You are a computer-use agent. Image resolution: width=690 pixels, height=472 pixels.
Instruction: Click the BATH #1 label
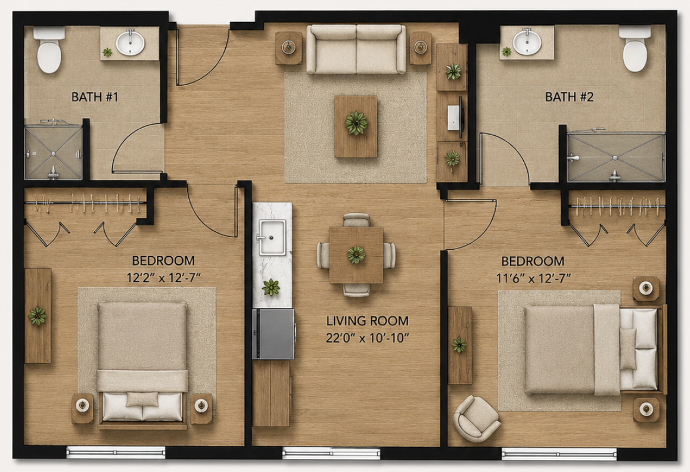95,97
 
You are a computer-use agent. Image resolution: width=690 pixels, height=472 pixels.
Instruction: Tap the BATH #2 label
569,97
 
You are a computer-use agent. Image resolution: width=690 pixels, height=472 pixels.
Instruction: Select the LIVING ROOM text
368,321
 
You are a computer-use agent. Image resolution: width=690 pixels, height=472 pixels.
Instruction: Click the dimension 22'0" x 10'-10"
368,338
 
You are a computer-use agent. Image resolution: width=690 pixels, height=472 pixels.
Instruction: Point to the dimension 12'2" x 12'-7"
163,278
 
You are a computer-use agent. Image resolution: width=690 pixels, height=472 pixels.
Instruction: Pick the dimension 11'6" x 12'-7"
533,278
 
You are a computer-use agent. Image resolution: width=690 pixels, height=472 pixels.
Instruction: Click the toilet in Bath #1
49,49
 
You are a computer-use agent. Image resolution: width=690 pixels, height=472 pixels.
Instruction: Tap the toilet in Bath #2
635,49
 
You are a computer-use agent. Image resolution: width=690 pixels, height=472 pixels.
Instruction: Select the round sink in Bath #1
130,43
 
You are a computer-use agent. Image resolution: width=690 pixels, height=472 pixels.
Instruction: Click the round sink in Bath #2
527,41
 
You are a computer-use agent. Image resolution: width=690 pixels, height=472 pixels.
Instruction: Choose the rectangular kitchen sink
272,237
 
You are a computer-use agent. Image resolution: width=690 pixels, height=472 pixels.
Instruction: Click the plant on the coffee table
356,123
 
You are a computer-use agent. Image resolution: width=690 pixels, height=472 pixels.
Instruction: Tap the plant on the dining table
356,254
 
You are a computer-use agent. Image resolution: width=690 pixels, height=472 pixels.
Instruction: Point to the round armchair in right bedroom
477,418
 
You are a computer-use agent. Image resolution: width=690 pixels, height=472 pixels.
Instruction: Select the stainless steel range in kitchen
273,334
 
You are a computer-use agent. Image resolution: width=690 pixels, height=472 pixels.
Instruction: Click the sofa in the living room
356,49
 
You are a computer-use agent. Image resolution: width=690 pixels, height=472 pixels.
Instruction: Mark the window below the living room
331,453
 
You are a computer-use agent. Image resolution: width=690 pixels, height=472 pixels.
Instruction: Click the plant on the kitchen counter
271,287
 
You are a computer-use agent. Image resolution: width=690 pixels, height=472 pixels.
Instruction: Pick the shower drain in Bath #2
615,157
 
